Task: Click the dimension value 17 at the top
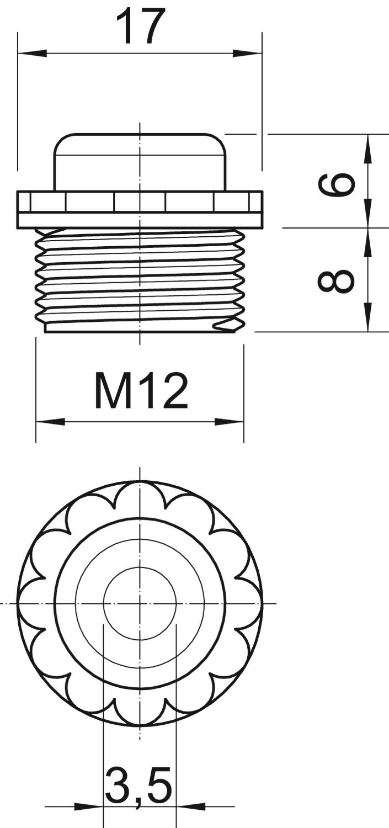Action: click(139, 25)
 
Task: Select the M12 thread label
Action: click(141, 390)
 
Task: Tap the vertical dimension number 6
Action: click(336, 183)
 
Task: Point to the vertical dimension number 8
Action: click(336, 279)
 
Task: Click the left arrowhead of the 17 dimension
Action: click(33, 54)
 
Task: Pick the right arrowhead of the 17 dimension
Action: click(247, 54)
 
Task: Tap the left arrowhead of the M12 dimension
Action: click(50, 422)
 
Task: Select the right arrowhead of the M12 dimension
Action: click(229, 422)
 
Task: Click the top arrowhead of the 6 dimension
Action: click(368, 148)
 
